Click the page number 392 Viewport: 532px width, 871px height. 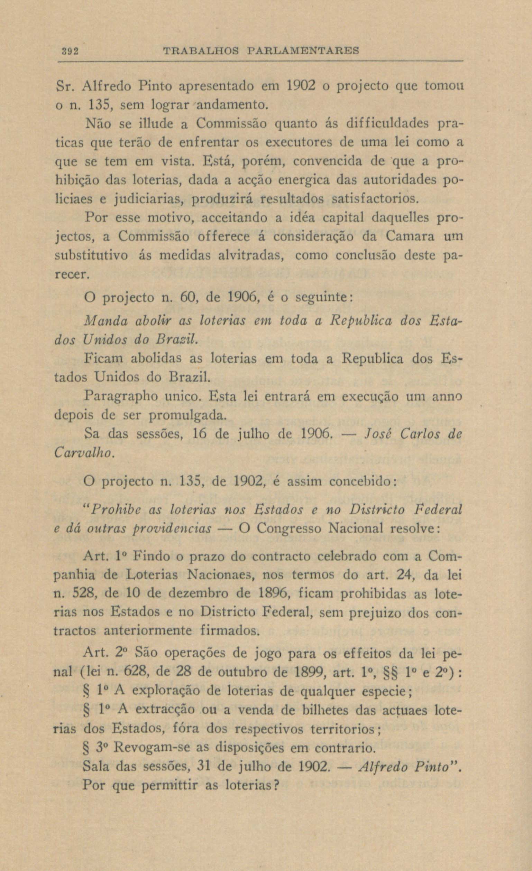tap(69, 51)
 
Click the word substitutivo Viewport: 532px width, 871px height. tap(92, 255)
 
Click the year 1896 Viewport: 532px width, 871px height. tap(275, 594)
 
